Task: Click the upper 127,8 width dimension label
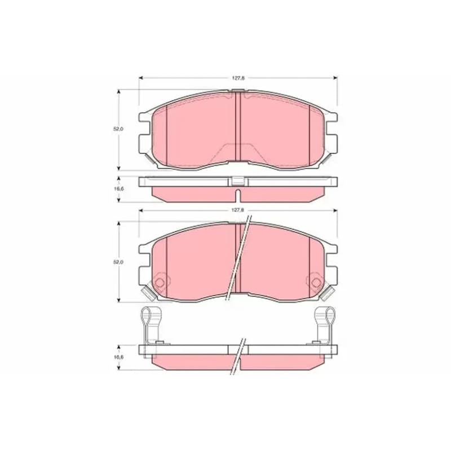pyautogui.click(x=238, y=78)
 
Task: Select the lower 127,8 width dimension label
pyautogui.click(x=238, y=210)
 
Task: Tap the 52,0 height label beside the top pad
pyautogui.click(x=118, y=129)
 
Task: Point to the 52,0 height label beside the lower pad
pyautogui.click(x=118, y=262)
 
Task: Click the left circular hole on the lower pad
pyautogui.click(x=160, y=283)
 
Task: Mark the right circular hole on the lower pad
pyautogui.click(x=316, y=283)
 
